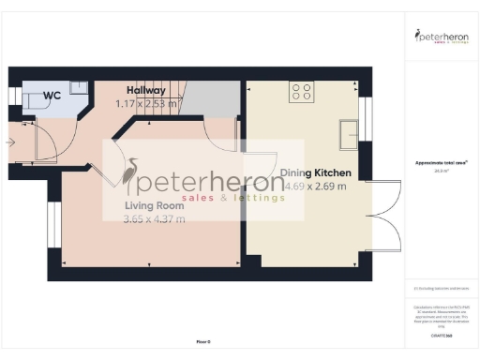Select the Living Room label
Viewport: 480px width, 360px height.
click(x=154, y=205)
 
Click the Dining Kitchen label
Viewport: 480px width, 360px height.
click(x=316, y=173)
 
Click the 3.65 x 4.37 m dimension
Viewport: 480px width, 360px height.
click(x=154, y=219)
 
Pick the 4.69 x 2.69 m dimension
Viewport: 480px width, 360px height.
click(x=316, y=187)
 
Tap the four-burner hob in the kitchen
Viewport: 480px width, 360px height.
click(x=302, y=92)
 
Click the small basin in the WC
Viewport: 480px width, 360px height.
click(x=79, y=86)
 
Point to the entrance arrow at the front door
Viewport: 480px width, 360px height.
click(x=10, y=142)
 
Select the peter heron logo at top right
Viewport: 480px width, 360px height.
click(x=442, y=38)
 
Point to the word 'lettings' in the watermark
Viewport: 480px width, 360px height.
click(x=257, y=199)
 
